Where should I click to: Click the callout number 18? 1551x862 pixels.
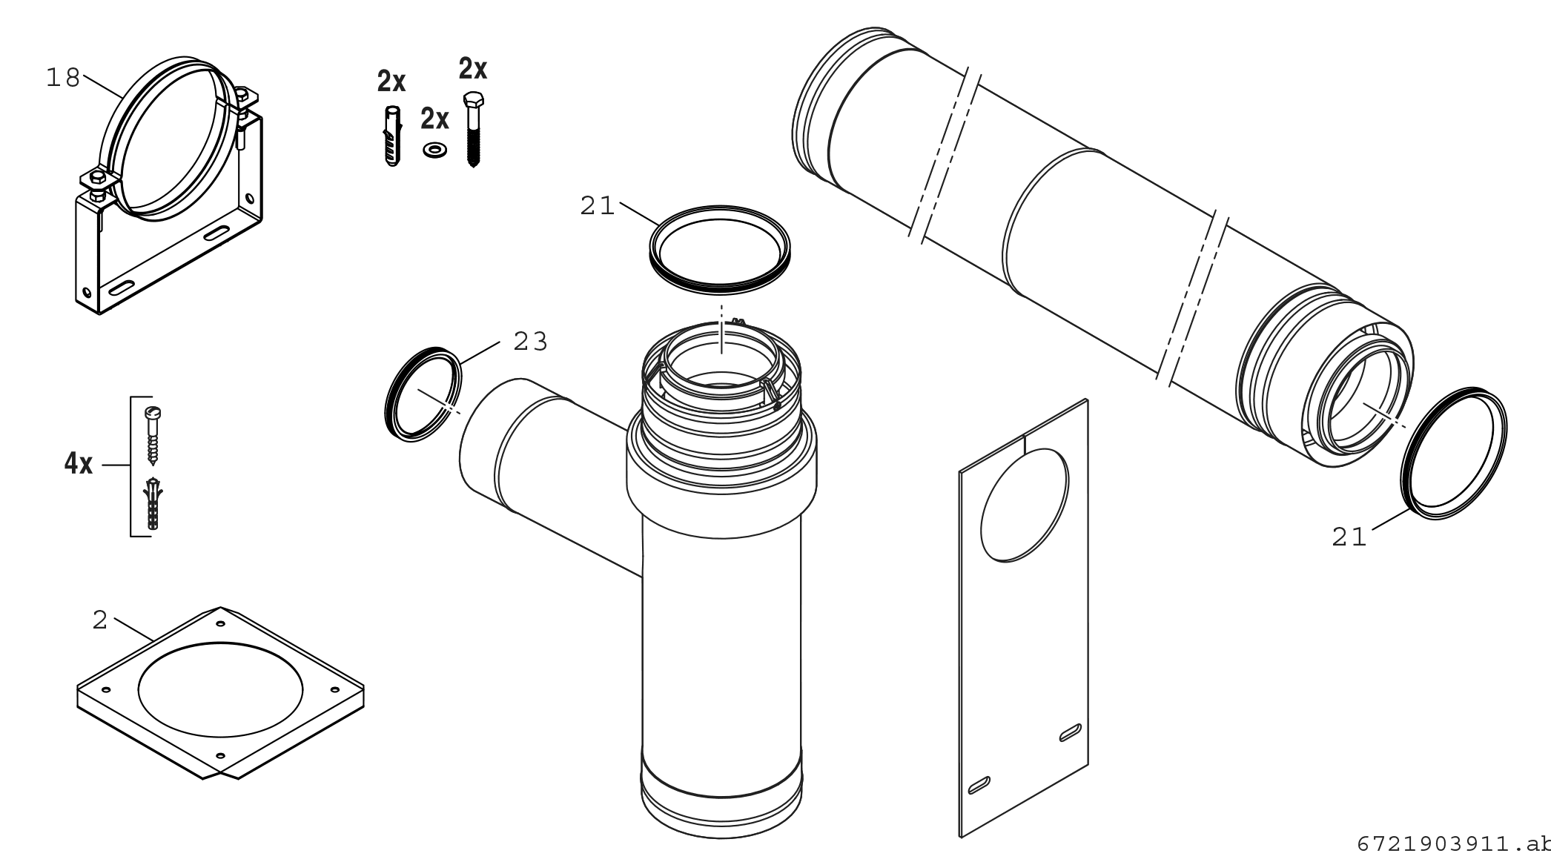pyautogui.click(x=62, y=77)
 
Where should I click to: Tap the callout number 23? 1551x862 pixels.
pyautogui.click(x=531, y=342)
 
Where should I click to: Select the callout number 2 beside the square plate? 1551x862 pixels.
pyautogui.click(x=100, y=620)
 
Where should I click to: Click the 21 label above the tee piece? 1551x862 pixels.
pyautogui.click(x=598, y=206)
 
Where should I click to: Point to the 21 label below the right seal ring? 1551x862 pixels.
pyautogui.click(x=1349, y=537)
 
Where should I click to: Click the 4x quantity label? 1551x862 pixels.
pyautogui.click(x=79, y=465)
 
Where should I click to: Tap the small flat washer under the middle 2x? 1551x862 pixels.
pyautogui.click(x=434, y=150)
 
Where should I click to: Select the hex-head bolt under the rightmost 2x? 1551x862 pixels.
pyautogui.click(x=472, y=130)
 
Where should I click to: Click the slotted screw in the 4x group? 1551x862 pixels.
pyautogui.click(x=154, y=436)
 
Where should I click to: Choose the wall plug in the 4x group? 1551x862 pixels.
pyautogui.click(x=153, y=504)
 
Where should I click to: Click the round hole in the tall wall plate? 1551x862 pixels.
pyautogui.click(x=1025, y=505)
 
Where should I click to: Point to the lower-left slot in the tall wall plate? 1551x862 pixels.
pyautogui.click(x=979, y=785)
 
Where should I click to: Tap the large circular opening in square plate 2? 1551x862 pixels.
pyautogui.click(x=221, y=689)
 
